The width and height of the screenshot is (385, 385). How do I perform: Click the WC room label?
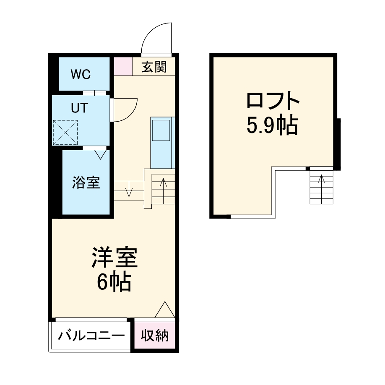[x=81, y=74]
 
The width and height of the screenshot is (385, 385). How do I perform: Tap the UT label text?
[x=79, y=108]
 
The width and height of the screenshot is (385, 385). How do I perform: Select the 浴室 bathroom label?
[x=86, y=183]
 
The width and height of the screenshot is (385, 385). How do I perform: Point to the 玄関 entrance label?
[x=154, y=67]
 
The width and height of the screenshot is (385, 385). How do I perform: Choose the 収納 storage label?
[x=154, y=336]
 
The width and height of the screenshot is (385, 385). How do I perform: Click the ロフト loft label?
[x=273, y=101]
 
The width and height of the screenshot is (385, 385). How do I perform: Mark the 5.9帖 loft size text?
[x=272, y=125]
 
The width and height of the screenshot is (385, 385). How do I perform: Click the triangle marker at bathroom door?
[x=100, y=154]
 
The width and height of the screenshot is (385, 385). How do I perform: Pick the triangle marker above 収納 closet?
[x=165, y=310]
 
